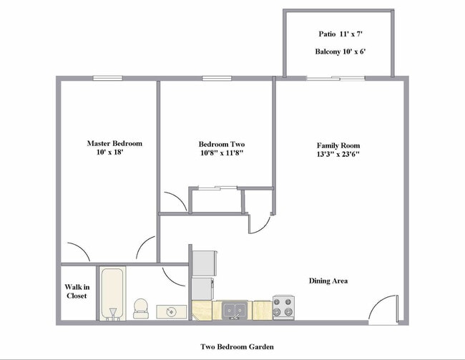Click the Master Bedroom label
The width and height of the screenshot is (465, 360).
coord(114,143)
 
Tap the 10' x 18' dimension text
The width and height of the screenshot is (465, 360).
coord(109,152)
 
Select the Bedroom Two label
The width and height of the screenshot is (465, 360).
coord(222,144)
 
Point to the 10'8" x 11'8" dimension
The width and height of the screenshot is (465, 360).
coord(222,153)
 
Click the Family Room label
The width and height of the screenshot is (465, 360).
coord(338,145)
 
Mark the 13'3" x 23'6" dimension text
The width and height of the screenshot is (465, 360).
coord(338,154)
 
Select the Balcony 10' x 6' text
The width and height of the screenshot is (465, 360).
coord(341,52)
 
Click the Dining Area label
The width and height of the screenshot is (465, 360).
coord(328,281)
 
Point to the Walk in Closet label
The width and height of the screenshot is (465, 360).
coord(77,291)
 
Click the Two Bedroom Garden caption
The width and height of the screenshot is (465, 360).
coord(236,347)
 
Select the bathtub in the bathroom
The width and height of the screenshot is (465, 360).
coord(112,293)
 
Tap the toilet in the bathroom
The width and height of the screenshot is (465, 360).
coord(141,308)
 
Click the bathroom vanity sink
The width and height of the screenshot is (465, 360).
coord(172,311)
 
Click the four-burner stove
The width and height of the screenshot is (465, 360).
coord(284,308)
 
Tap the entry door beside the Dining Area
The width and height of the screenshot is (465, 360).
coord(383,309)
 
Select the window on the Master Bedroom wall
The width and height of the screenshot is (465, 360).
coord(107,78)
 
